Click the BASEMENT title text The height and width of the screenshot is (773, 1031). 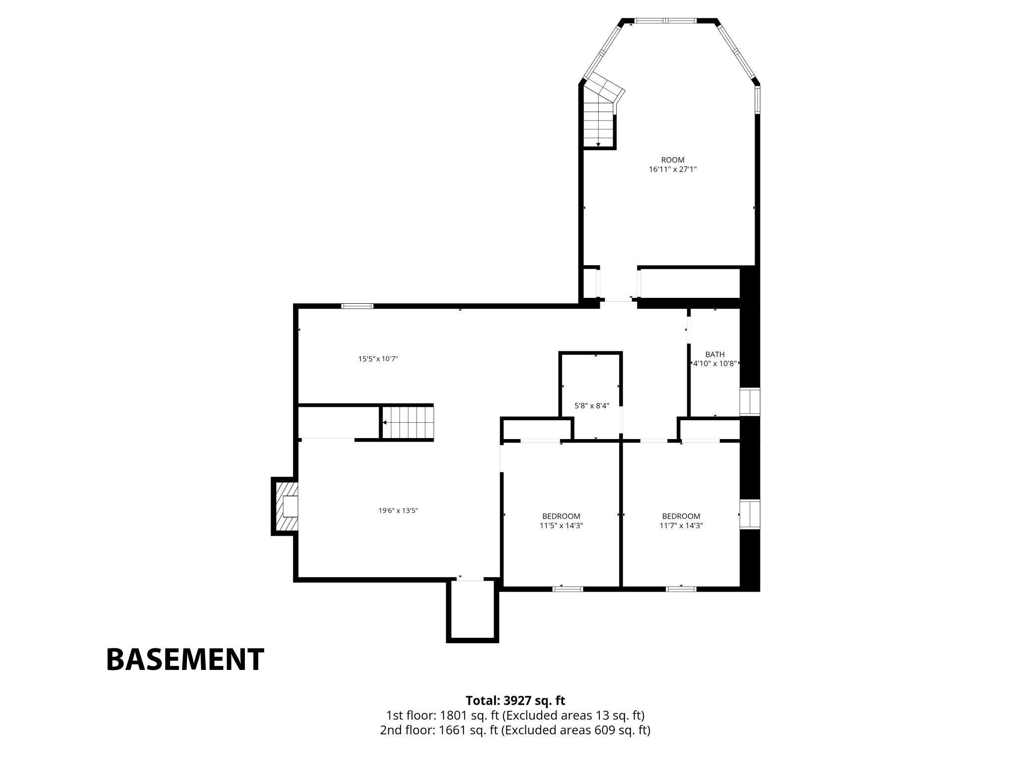click(x=185, y=660)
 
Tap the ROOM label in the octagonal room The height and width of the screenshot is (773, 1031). click(x=673, y=160)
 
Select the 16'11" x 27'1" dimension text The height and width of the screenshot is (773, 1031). click(x=673, y=169)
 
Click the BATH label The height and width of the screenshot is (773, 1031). click(x=715, y=354)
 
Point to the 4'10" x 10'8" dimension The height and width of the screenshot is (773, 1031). click(x=715, y=363)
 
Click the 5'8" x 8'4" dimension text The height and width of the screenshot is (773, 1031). click(x=592, y=406)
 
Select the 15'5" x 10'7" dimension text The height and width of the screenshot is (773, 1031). click(x=378, y=359)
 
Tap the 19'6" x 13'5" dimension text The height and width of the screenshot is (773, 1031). click(x=399, y=510)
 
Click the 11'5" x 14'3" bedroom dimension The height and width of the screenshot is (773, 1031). click(x=561, y=526)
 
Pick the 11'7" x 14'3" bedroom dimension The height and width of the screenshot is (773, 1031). click(x=681, y=526)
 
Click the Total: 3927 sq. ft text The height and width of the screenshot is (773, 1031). click(x=515, y=701)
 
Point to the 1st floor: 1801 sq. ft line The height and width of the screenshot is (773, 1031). click(x=515, y=716)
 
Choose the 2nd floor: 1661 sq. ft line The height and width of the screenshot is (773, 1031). click(x=515, y=730)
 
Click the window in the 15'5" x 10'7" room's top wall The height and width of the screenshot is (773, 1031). click(x=357, y=306)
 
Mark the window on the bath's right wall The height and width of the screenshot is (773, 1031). click(x=750, y=402)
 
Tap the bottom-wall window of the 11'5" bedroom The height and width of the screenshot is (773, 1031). click(x=568, y=589)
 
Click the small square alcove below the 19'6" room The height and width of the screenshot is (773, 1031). click(x=472, y=611)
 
